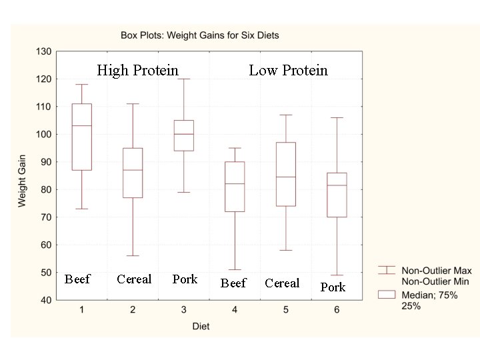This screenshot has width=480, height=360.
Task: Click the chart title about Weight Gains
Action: tap(199, 35)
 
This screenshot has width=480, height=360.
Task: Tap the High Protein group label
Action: tap(137, 70)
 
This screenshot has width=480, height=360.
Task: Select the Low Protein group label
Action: tap(288, 70)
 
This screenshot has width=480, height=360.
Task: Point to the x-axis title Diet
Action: tap(201, 326)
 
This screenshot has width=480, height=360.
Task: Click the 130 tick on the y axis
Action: tap(43, 51)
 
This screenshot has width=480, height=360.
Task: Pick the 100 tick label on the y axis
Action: tap(43, 135)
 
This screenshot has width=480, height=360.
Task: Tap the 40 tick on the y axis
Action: tap(45, 301)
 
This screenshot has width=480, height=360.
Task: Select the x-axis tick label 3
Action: tap(184, 310)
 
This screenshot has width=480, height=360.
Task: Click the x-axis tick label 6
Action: tap(337, 310)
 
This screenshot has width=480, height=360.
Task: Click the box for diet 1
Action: tap(82, 137)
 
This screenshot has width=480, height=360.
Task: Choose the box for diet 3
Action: tap(184, 135)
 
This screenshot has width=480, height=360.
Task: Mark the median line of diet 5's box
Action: tap(285, 177)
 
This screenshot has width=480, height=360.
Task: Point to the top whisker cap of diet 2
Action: tap(133, 104)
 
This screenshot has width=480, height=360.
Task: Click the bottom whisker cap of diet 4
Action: tap(235, 269)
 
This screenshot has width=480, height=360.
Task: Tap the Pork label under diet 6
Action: tap(333, 287)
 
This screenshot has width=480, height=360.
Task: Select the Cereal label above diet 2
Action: tap(134, 279)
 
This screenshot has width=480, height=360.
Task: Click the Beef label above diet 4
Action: tap(233, 283)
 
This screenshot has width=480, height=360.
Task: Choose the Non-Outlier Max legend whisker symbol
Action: tap(386, 270)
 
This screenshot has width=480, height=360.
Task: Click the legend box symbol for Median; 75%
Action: tap(386, 294)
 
